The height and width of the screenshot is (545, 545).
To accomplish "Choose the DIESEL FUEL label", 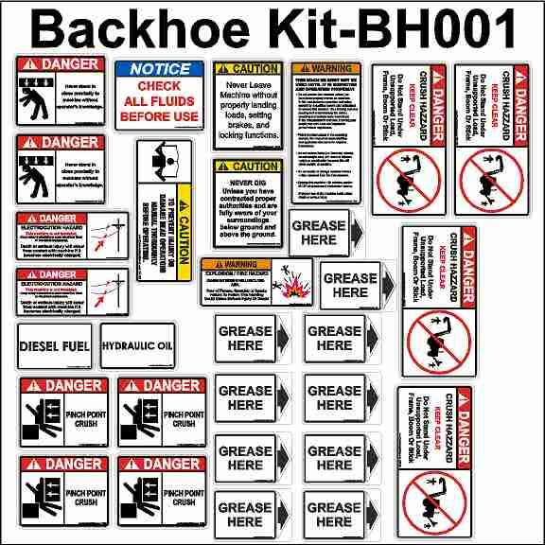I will [54, 347].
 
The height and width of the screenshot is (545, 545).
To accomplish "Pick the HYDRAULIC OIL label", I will [137, 346].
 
